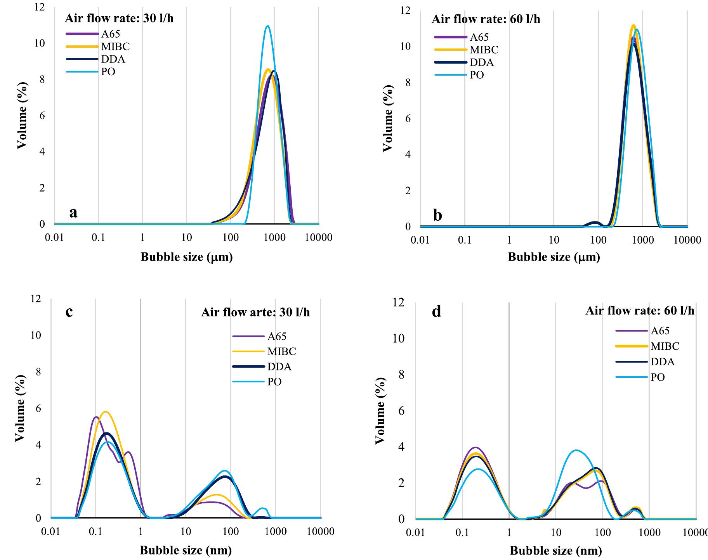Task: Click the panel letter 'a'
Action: click(73, 213)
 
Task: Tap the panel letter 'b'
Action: click(437, 215)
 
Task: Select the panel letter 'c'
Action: click(69, 311)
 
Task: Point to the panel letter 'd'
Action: click(436, 311)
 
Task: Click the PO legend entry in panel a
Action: click(108, 72)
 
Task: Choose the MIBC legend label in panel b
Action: click(484, 50)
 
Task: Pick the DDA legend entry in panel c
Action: click(279, 366)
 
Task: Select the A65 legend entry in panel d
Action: click(660, 331)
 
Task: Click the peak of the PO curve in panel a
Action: click(267, 26)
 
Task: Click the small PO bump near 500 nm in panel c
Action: click(263, 508)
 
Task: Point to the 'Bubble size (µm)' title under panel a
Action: click(186, 257)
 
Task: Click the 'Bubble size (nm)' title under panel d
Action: click(555, 550)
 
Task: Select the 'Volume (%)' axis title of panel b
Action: click(388, 118)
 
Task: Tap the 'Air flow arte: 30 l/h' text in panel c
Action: click(255, 312)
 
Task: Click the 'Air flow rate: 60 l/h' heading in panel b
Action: click(486, 19)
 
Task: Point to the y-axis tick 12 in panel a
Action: click(39, 7)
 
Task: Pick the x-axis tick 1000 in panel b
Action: click(642, 240)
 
